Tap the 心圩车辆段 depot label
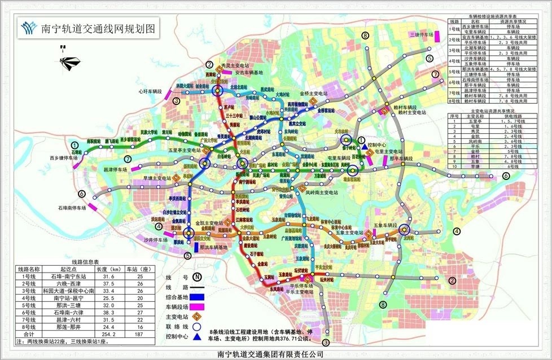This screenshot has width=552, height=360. pos(149,90)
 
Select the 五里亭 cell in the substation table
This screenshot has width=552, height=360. pos(474,120)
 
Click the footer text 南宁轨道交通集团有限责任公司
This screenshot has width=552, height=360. pos(275,354)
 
